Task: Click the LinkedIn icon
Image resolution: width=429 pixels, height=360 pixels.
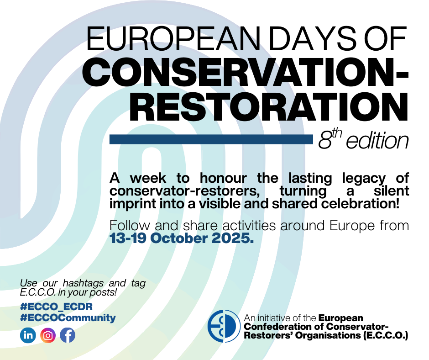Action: (28, 335)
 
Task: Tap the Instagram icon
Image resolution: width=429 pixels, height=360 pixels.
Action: (48, 335)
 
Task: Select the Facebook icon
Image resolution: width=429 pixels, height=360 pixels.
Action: (68, 335)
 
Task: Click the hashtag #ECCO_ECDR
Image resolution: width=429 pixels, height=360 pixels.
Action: (56, 307)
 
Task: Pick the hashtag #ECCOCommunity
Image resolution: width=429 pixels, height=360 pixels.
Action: (68, 318)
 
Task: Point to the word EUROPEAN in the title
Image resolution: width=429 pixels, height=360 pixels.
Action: (173, 39)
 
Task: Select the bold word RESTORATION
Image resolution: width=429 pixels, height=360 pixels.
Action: (269, 107)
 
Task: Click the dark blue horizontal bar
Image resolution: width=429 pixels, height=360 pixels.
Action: (211, 139)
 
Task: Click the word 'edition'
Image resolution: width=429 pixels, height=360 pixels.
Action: (377, 141)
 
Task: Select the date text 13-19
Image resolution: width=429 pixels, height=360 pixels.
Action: (127, 238)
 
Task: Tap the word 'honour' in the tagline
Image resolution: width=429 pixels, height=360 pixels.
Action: (223, 178)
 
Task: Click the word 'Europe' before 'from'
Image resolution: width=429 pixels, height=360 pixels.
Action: (352, 226)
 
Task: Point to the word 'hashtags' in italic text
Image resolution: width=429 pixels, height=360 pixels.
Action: (83, 283)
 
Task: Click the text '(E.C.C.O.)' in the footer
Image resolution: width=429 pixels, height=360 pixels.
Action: (386, 335)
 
